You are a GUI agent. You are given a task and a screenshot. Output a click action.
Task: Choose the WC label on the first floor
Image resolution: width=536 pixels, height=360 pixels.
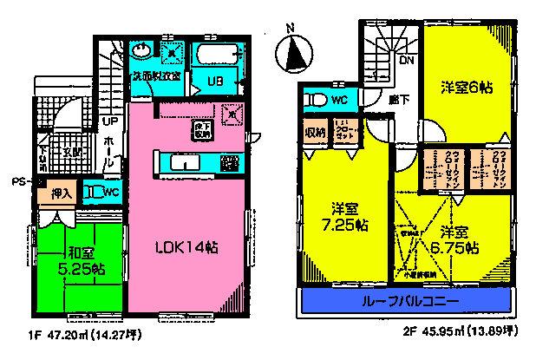pyautogui.click(x=110, y=193)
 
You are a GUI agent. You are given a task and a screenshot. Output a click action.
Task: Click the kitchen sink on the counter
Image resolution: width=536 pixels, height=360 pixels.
pyautogui.click(x=183, y=162)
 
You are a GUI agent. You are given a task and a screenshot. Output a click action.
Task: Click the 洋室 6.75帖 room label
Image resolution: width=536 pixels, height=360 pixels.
pyautogui.click(x=455, y=240)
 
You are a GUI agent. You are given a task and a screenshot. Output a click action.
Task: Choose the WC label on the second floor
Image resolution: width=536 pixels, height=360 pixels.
pyautogui.click(x=339, y=100)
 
